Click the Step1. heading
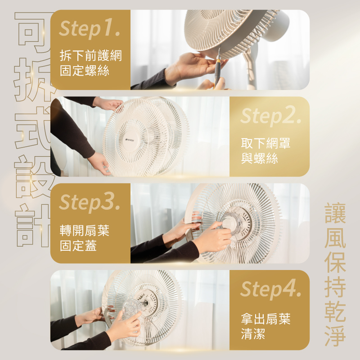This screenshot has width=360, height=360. [x=90, y=29]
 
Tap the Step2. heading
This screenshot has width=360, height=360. [x=271, y=116]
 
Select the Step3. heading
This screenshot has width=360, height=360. [x=90, y=202]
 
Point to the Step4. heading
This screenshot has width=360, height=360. [x=271, y=289]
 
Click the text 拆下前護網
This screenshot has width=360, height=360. [x=91, y=55]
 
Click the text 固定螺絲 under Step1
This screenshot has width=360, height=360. [x=85, y=71]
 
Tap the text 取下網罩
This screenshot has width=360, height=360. [x=265, y=143]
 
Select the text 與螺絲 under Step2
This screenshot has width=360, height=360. [x=260, y=158]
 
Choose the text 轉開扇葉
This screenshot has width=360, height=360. [x=85, y=230]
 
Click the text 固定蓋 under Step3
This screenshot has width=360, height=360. [x=78, y=245]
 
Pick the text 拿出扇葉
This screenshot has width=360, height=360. [x=265, y=319]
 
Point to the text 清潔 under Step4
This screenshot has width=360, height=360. [x=253, y=333]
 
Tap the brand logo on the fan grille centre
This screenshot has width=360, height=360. [x=130, y=140]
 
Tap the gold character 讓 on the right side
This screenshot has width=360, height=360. [x=335, y=213]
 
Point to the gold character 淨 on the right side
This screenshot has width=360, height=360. [x=335, y=335]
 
